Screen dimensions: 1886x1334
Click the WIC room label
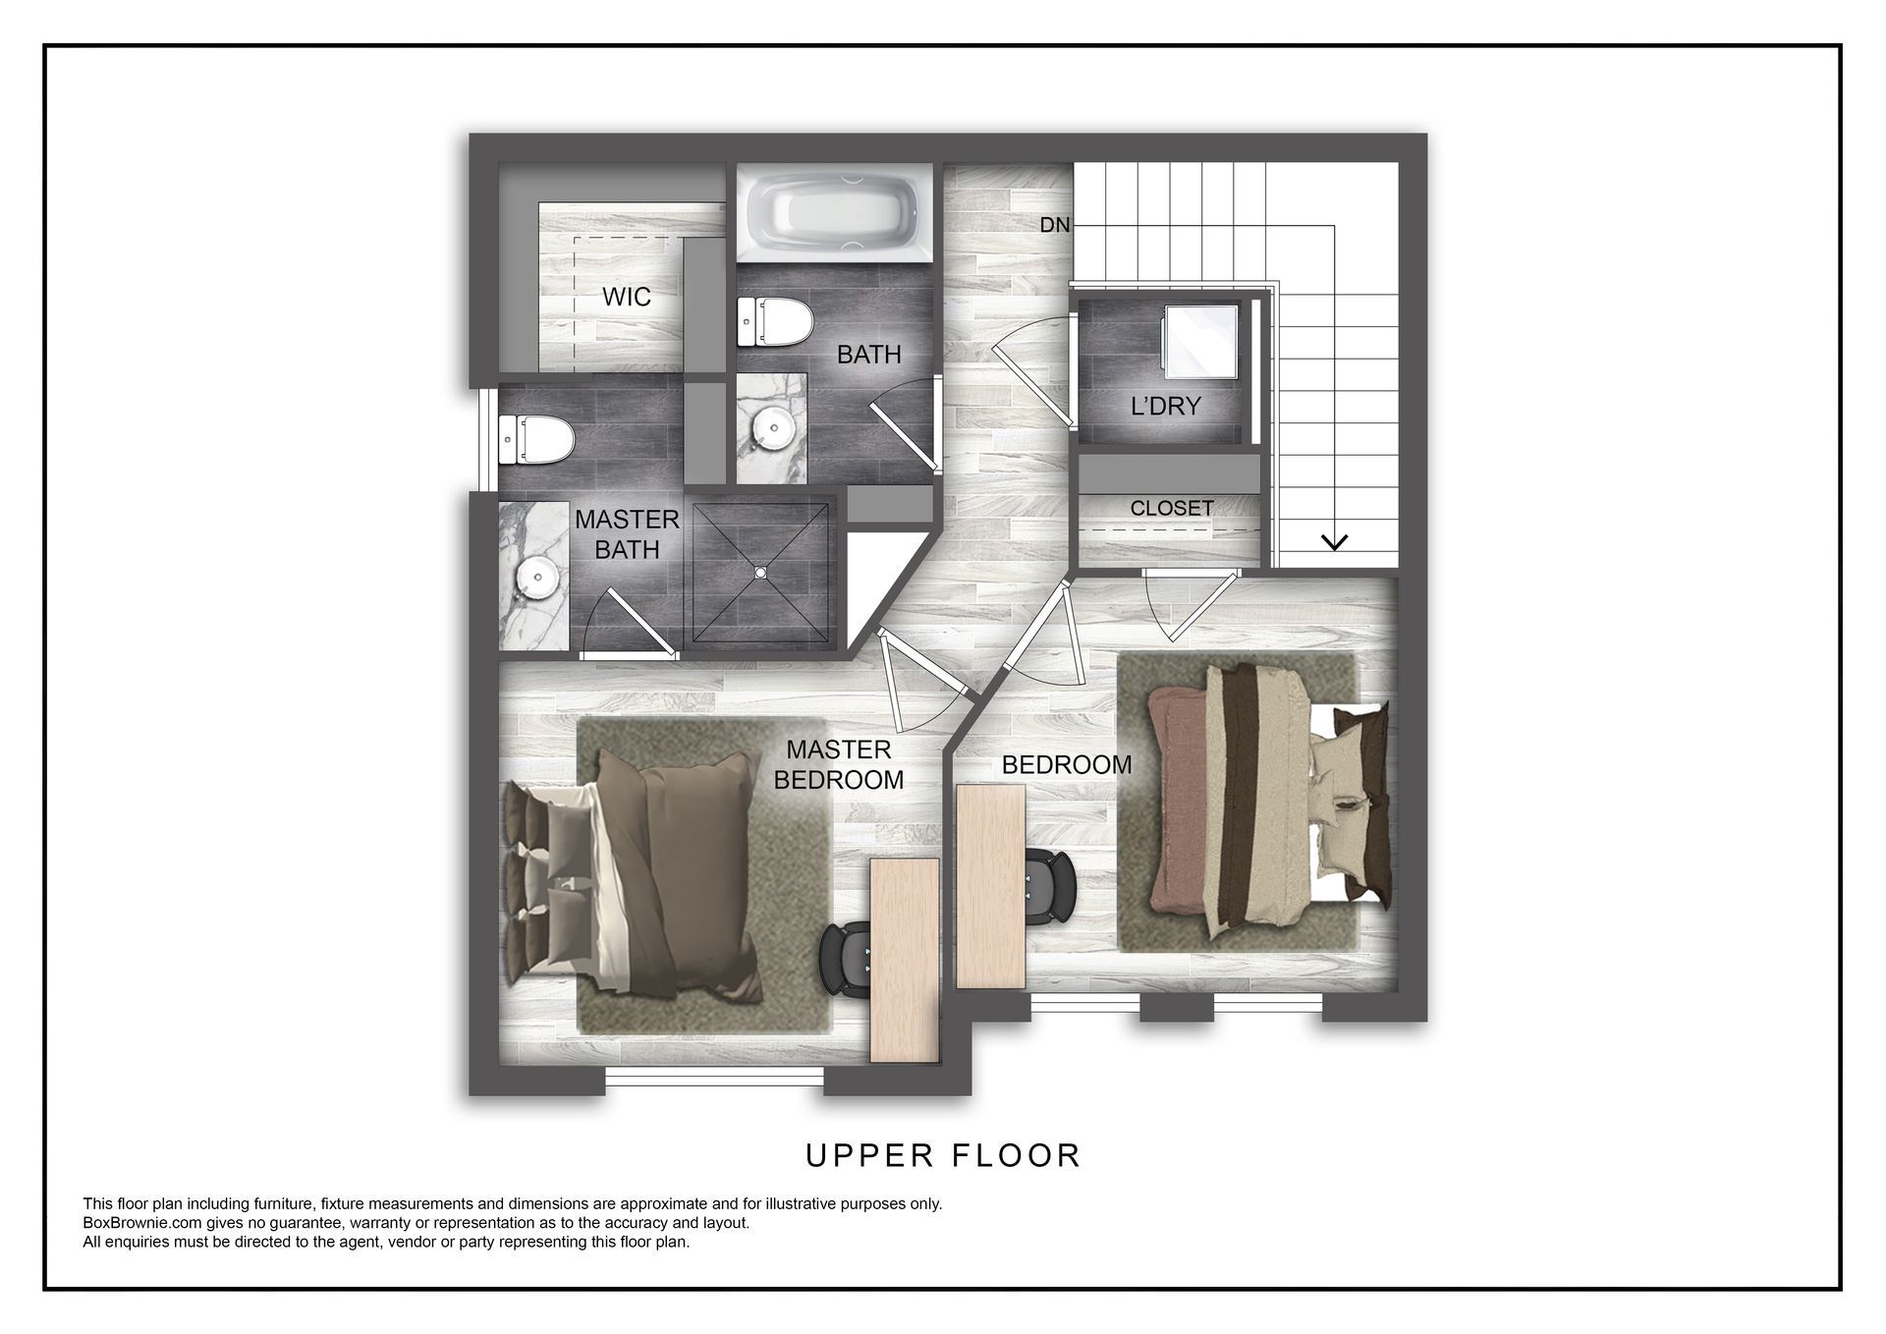coord(627,297)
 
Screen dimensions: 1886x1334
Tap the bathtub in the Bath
coord(835,213)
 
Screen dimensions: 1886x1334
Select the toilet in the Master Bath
coord(536,440)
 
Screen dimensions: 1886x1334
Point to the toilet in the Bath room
coord(776,323)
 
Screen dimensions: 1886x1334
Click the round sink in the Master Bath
coord(537,577)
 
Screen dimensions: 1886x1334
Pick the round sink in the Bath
coord(772,427)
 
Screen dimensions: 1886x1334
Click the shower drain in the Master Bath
coord(759,571)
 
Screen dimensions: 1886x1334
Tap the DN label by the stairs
coord(1055,225)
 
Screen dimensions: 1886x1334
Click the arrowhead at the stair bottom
coord(1334,541)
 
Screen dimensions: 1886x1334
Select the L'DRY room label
coord(1166,406)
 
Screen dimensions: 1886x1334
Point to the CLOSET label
coord(1172,508)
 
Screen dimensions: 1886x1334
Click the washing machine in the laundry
coord(1199,340)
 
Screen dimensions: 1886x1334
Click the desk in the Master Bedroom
coord(905,960)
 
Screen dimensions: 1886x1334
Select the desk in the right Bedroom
coord(990,886)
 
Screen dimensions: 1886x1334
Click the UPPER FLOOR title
coord(943,1155)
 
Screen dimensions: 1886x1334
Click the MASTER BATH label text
coord(627,534)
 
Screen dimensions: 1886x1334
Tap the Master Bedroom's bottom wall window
coord(714,1078)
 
